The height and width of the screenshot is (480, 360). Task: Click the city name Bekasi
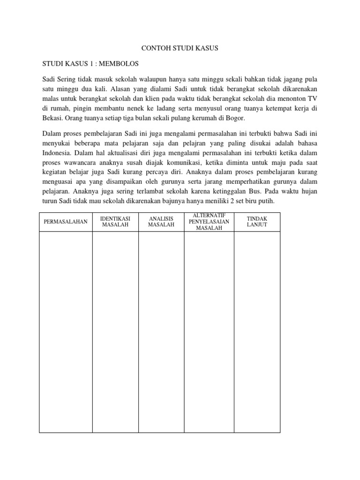pyautogui.click(x=52, y=119)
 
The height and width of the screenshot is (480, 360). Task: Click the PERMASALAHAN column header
pyautogui.click(x=66, y=222)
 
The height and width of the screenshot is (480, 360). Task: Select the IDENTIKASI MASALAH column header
pyautogui.click(x=115, y=222)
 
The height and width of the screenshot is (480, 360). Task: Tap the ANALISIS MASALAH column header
pyautogui.click(x=161, y=222)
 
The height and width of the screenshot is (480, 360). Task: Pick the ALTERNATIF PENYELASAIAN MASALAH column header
pyautogui.click(x=209, y=222)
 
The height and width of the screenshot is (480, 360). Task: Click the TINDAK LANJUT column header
pyautogui.click(x=256, y=222)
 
